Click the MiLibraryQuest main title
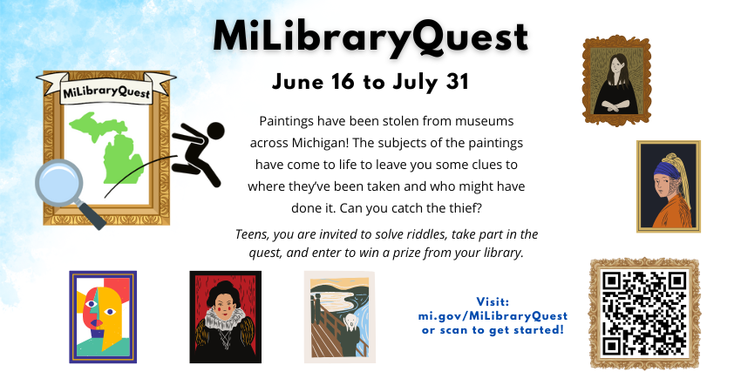(370, 37)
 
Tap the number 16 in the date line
(343, 82)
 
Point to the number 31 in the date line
(457, 82)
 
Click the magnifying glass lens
(59, 184)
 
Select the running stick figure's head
(215, 132)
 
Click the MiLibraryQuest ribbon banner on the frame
(106, 90)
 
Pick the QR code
(644, 313)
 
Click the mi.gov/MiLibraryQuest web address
(493, 315)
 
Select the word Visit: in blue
(493, 301)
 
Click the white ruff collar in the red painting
(226, 317)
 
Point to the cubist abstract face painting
(103, 317)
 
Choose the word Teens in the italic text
(252, 234)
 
